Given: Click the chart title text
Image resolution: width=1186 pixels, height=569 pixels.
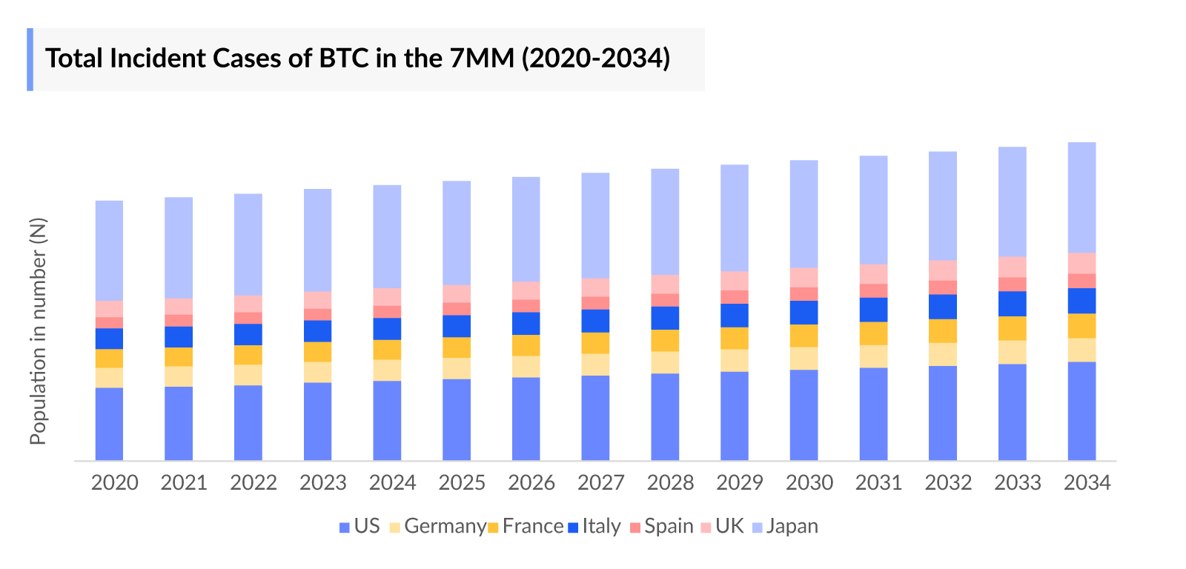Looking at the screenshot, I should (x=357, y=59).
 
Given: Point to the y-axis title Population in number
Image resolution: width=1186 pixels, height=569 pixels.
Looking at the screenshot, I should (x=38, y=331).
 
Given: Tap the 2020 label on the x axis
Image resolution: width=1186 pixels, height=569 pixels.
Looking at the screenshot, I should (x=115, y=483).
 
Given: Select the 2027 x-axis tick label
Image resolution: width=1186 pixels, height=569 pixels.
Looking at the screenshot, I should (x=601, y=483).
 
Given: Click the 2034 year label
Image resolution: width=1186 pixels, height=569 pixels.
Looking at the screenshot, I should (x=1087, y=483).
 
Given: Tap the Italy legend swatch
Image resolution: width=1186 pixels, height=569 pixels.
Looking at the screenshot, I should (x=573, y=528).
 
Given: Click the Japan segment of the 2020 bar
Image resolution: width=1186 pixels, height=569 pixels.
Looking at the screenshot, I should (x=109, y=250).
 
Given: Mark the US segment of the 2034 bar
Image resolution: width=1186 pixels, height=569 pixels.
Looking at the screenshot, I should (x=1081, y=411).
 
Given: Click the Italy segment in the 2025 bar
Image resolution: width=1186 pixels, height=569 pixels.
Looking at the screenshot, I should (x=457, y=326).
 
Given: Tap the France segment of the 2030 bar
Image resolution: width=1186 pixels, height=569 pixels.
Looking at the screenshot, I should (x=804, y=336).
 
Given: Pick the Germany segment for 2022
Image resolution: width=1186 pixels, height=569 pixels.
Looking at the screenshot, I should (x=248, y=375).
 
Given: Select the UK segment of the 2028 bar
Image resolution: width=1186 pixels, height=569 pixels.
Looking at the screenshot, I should (x=665, y=284).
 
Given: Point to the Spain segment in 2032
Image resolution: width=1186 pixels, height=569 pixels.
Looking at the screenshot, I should (x=942, y=287).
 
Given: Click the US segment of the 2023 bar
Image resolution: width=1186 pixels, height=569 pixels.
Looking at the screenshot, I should (x=317, y=422).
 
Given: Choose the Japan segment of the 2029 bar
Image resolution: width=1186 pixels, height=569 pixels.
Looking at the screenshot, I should (x=734, y=218).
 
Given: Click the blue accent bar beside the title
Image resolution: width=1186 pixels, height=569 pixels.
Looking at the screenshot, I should (x=30, y=59).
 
